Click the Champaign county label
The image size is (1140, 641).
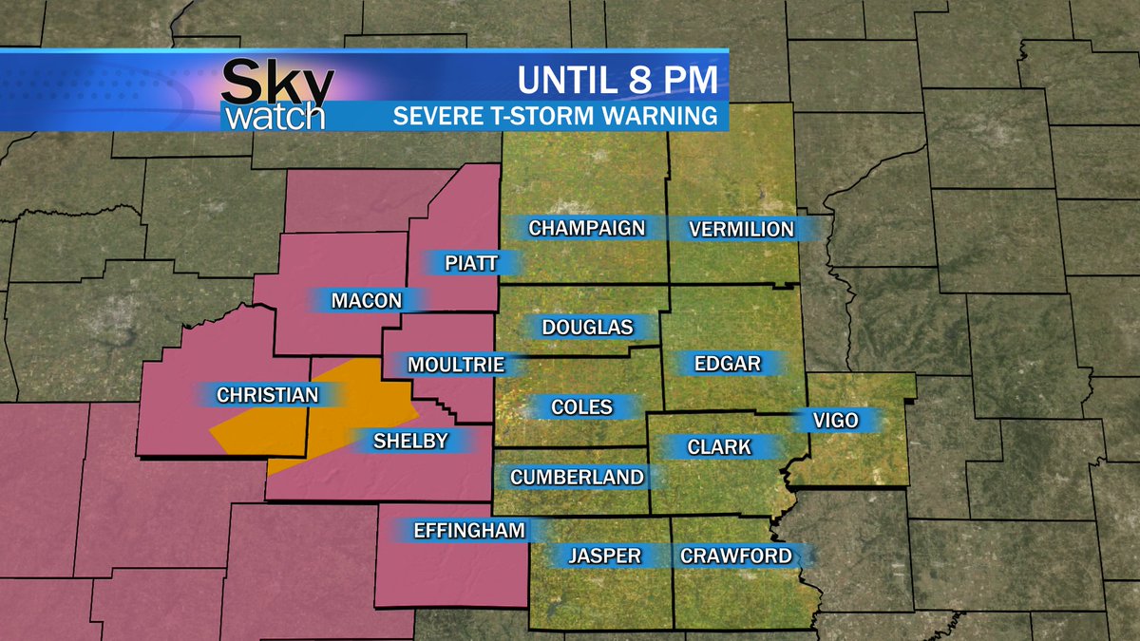[586, 228]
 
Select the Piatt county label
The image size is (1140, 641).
[471, 263]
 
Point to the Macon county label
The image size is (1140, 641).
[366, 301]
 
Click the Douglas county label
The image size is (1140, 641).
[586, 328]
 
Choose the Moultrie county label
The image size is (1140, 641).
[455, 365]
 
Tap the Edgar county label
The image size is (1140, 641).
[727, 364]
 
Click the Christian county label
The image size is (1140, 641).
[267, 395]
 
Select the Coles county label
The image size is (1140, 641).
[581, 407]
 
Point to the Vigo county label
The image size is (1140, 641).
[835, 421]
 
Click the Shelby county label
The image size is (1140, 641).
[410, 440]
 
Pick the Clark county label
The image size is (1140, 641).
[719, 446]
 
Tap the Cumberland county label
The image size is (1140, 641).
[577, 477]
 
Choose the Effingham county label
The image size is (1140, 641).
[469, 530]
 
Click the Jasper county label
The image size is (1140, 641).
[604, 556]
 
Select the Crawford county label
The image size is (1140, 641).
[735, 556]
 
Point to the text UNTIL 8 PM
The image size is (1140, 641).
[617, 80]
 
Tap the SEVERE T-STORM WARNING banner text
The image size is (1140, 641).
[555, 117]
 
